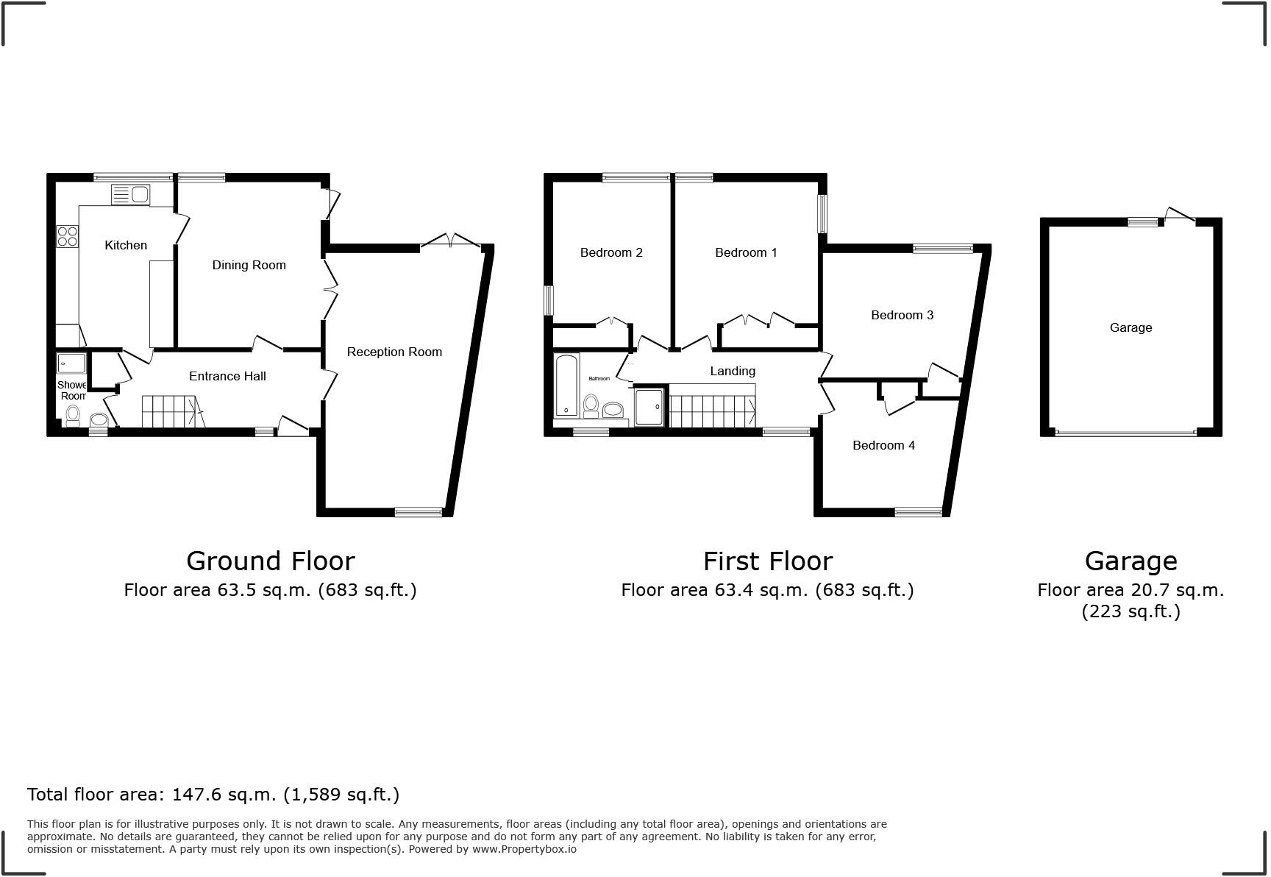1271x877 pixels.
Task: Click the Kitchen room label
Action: point(126,245)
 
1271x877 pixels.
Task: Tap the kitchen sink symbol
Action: point(130,195)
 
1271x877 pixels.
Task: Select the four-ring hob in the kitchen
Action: point(67,236)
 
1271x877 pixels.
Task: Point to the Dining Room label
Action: point(249,265)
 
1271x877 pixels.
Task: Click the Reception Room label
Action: point(394,352)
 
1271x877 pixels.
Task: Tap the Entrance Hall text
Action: point(227,376)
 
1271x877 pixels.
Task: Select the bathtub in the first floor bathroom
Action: point(566,385)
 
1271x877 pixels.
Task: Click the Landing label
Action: point(732,371)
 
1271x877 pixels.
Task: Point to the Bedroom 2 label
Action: point(611,252)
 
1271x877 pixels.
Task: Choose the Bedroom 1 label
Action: point(746,252)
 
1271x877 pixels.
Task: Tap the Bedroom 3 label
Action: point(902,315)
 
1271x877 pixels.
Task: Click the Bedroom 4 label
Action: point(883,445)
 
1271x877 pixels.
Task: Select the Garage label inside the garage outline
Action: point(1131,327)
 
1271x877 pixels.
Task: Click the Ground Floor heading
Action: point(271,561)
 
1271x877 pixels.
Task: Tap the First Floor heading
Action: point(767,561)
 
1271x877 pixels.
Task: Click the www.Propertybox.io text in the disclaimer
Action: point(524,849)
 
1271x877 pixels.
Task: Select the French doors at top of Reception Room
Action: point(450,241)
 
